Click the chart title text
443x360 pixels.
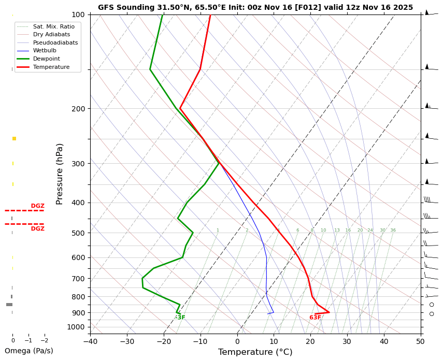point(255,8)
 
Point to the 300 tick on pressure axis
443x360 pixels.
point(78,164)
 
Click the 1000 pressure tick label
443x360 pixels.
point(76,327)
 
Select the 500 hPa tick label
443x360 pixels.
point(78,233)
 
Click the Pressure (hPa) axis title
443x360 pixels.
point(60,174)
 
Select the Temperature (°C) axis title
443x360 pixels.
point(255,352)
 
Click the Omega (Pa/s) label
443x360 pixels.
point(28,351)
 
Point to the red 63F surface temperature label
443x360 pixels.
point(315,318)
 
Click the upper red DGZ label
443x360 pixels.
point(37,206)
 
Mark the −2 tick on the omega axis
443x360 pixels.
point(45,341)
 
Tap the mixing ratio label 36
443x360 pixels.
point(393,231)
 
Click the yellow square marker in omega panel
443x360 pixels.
point(14,138)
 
